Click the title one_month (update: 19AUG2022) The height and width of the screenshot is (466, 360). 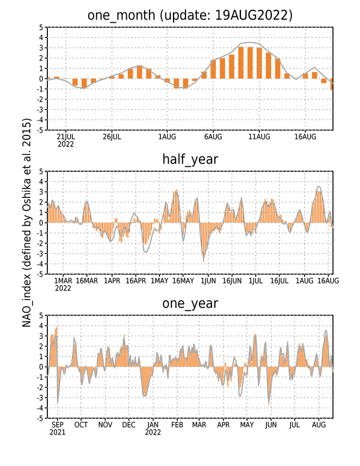pos(190,15)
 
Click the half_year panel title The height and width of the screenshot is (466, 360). pos(190,159)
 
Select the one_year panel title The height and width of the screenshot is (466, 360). pos(190,303)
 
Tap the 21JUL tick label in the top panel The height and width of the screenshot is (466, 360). pos(66,136)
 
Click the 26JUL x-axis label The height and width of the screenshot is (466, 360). pos(112,136)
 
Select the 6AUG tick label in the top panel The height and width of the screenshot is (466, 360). pos(213,136)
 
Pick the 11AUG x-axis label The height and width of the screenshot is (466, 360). pos(259,136)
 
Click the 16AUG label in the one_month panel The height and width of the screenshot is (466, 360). pos(305,136)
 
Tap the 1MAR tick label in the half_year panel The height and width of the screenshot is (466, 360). pos(63,281)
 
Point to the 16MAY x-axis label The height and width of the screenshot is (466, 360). pos(183,281)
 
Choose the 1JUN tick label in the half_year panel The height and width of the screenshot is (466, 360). pos(208,281)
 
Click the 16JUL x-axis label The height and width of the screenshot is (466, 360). pos(280,281)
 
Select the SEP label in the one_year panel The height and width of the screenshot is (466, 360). pos(58,425)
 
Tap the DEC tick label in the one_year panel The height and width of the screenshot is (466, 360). pos(129,425)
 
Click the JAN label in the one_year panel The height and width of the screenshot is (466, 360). pos(153,425)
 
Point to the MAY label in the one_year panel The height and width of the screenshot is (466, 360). pos(247,425)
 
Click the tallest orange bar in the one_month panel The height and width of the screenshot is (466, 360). pos(241,63)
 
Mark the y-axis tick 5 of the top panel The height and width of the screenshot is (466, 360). pos(41,27)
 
